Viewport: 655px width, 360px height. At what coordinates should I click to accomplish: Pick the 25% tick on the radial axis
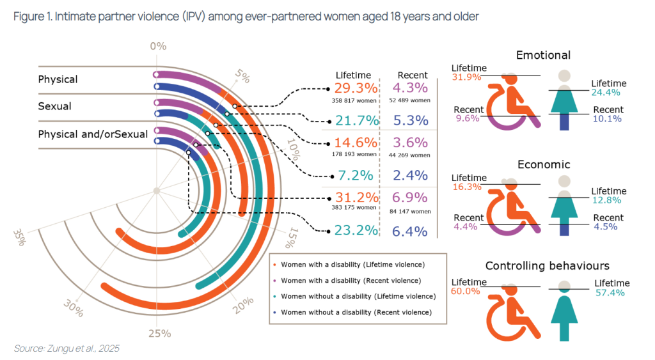click(x=160, y=333)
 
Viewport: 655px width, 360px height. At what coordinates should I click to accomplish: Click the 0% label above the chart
click(x=158, y=46)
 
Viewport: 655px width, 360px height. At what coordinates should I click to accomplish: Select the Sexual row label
click(x=55, y=106)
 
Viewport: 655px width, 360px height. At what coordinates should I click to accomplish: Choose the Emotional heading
click(x=543, y=55)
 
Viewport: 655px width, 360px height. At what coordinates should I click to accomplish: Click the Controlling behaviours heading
click(x=547, y=265)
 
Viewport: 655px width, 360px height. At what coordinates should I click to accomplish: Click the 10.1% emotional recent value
click(x=604, y=118)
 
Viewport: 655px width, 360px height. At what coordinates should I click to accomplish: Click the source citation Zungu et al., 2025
click(x=67, y=348)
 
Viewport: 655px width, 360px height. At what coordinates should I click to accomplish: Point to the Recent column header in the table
click(x=413, y=75)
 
